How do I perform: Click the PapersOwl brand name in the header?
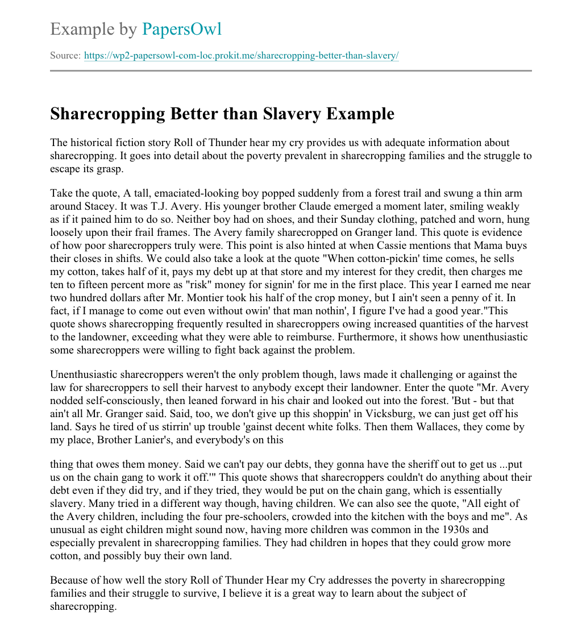coord(181,28)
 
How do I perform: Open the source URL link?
coord(242,56)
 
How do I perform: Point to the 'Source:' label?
coord(65,56)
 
